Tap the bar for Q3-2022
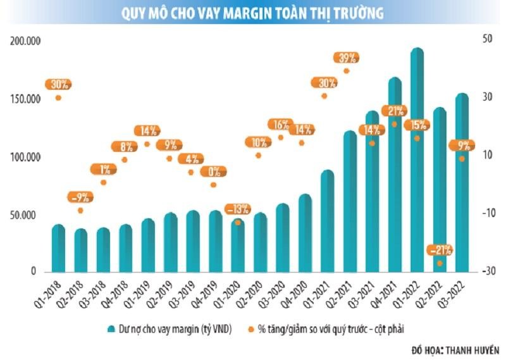pyautogui.click(x=462, y=183)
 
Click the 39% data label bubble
pyautogui.click(x=347, y=58)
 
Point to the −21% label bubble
pyautogui.click(x=440, y=249)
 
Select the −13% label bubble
pyautogui.click(x=238, y=208)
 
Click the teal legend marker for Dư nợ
pyautogui.click(x=111, y=329)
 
